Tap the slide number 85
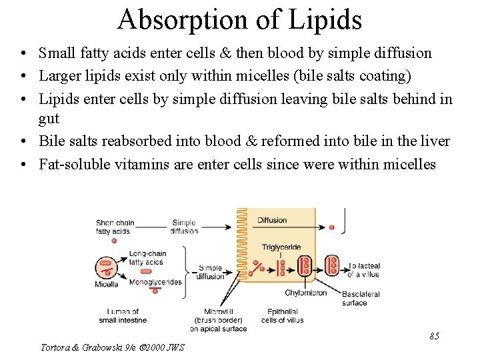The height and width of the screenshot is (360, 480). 434,336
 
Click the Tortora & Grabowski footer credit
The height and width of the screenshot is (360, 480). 112,347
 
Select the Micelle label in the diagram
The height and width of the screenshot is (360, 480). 107,285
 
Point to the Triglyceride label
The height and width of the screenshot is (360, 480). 281,247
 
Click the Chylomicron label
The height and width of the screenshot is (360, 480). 306,293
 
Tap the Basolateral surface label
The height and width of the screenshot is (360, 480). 361,298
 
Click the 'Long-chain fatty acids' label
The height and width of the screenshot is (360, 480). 146,258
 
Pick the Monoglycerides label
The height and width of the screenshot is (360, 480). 155,282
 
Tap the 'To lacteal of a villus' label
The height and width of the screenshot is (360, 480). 364,270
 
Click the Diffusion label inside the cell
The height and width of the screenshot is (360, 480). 272,221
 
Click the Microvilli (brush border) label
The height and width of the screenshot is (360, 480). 218,319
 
